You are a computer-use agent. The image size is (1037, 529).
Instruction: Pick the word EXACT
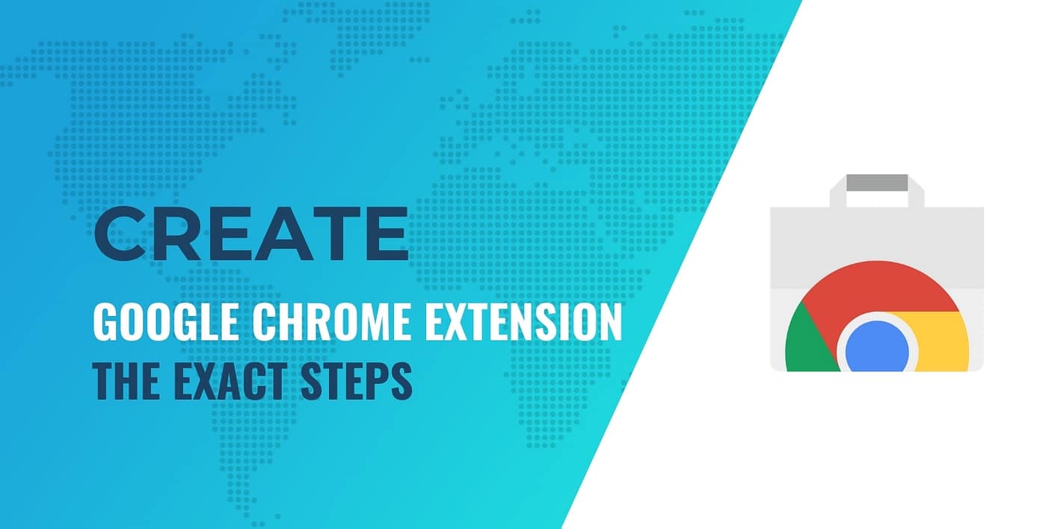click(221, 380)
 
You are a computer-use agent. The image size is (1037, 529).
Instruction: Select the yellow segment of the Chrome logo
click(944, 340)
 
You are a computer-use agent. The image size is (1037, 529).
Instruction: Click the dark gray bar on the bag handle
click(877, 182)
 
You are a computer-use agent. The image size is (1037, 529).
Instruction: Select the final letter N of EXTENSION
click(609, 323)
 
